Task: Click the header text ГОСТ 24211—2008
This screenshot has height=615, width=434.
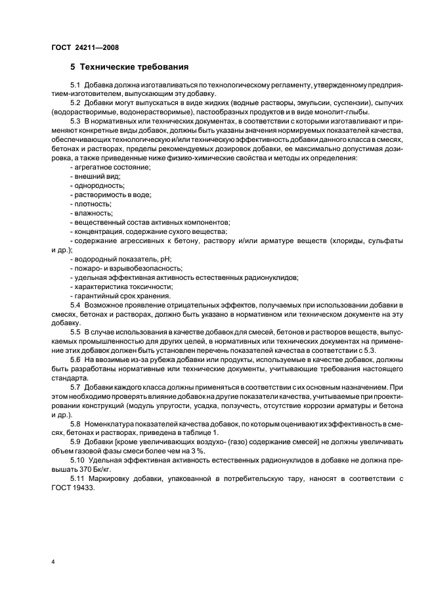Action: coord(84,47)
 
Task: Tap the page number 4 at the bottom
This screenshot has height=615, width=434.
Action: coord(53,562)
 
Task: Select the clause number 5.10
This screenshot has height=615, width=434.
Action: coord(77,461)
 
